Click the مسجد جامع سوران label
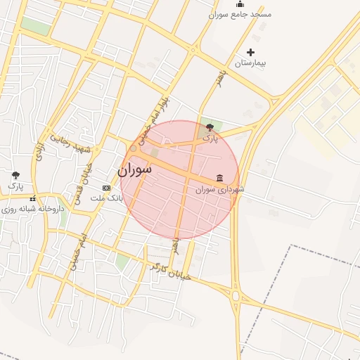pyautogui.click(x=240, y=14)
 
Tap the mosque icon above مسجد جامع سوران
pyautogui.click(x=240, y=4)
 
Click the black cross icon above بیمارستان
pyautogui.click(x=251, y=52)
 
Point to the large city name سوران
pyautogui.click(x=134, y=169)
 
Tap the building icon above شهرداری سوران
pyautogui.click(x=220, y=177)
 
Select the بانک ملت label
pyautogui.click(x=111, y=198)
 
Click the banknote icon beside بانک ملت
pyautogui.click(x=106, y=188)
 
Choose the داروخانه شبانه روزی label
pyautogui.click(x=34, y=209)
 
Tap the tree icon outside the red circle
pyautogui.click(x=16, y=174)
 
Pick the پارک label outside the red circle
pyautogui.click(x=15, y=186)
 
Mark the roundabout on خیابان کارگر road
pyautogui.click(x=236, y=295)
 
